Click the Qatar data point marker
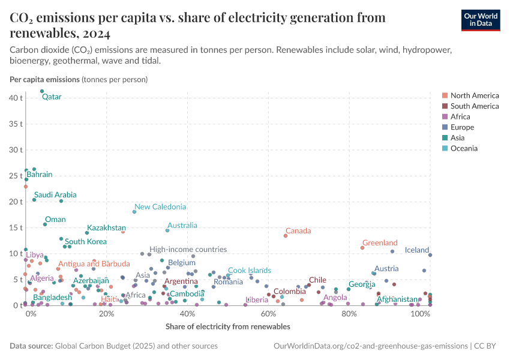42,91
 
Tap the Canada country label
298,231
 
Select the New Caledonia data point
134,212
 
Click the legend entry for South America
474,106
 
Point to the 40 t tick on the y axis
16,97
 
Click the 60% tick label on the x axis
268,315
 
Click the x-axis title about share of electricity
227,327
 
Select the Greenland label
380,243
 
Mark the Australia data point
167,230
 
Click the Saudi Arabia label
55,195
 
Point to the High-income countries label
188,249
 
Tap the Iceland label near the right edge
417,250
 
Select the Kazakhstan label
106,228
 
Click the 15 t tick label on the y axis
16,227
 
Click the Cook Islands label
249,271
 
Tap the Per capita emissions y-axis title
44,79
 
